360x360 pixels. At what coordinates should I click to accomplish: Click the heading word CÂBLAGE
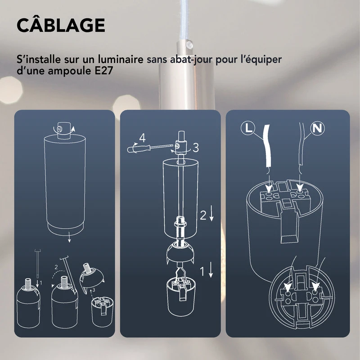point(61,26)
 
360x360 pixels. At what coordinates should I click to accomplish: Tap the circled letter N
point(318,128)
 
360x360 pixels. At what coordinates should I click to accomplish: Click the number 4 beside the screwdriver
point(142,138)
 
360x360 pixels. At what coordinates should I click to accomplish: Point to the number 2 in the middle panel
point(203,216)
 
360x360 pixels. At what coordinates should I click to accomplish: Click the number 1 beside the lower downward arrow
point(203,271)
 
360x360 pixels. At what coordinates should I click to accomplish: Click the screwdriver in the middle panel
point(148,147)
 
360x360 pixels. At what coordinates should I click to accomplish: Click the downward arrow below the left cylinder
point(69,239)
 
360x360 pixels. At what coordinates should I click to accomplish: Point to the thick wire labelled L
point(266,148)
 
